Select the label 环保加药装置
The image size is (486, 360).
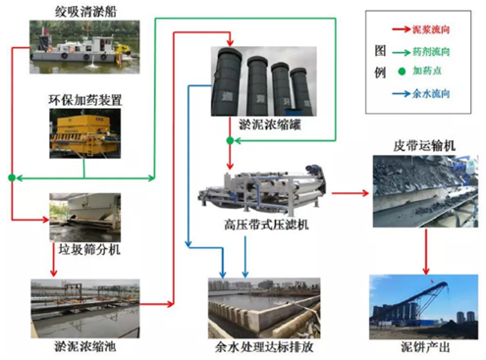click(83, 101)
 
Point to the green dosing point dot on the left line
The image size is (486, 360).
click(11, 178)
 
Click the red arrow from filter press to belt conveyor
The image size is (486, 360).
click(345, 192)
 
